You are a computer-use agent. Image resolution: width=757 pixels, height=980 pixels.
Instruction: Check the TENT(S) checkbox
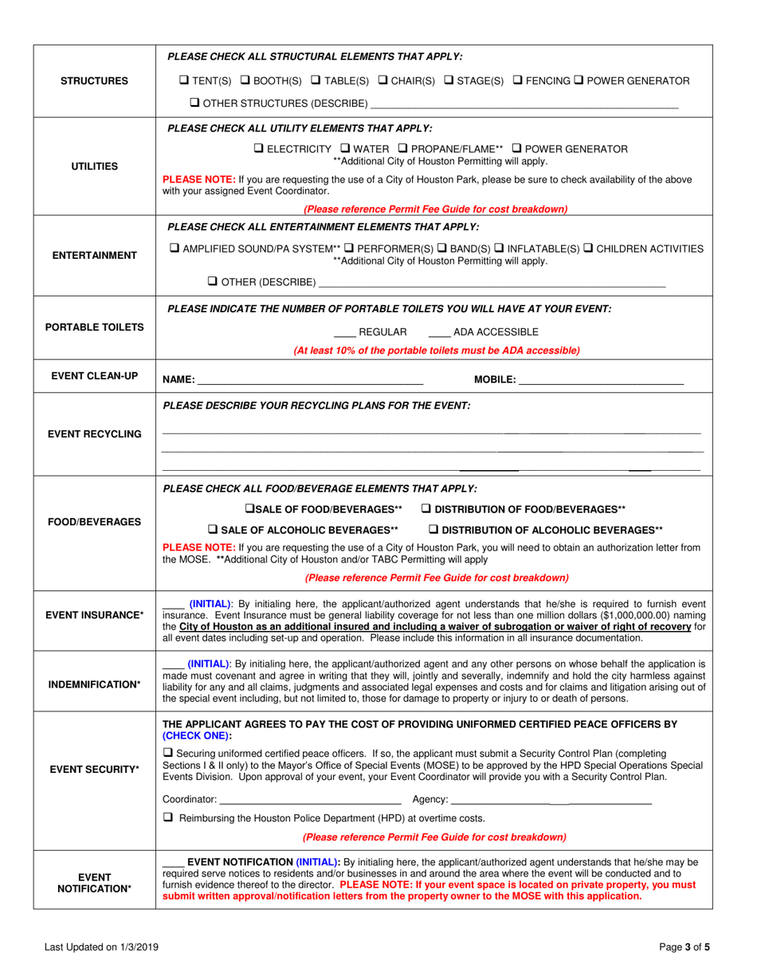coord(184,80)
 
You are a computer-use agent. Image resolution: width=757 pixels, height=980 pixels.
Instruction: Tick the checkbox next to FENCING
coord(518,80)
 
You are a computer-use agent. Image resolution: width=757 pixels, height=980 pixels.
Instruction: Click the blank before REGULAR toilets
coord(343,332)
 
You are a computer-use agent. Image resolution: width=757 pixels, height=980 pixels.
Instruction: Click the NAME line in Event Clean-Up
coord(310,379)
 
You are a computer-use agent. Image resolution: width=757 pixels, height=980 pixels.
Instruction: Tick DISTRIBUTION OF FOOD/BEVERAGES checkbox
coord(426,508)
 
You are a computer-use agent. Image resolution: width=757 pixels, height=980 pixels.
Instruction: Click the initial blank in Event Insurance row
coord(174,604)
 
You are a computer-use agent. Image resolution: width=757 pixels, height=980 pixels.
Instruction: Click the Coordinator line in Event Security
coord(310,799)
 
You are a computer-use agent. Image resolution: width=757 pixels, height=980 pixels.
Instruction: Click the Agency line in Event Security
coord(551,799)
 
